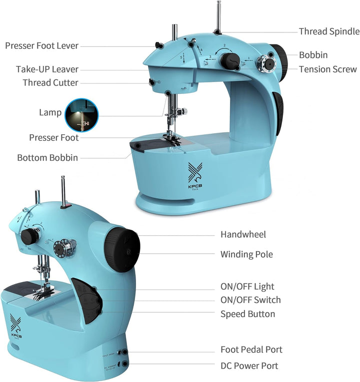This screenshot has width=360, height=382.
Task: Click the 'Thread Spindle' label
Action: [329, 31]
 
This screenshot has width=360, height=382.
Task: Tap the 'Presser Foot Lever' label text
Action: [41, 45]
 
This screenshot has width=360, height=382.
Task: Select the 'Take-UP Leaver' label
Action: [47, 69]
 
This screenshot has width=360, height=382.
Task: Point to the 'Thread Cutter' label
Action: [50, 82]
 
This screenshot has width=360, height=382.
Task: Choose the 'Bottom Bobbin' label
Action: [47, 157]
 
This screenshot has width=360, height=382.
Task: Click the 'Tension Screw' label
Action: [327, 69]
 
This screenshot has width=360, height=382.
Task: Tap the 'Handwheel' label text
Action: [243, 234]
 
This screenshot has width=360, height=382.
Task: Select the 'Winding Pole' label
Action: [246, 254]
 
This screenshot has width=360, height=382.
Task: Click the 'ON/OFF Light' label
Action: [247, 287]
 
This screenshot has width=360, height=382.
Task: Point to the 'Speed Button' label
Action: [247, 314]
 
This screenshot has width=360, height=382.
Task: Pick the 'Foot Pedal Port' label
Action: [251, 350]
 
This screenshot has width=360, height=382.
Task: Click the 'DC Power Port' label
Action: [249, 366]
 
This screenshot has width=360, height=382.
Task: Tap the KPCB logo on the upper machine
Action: [194, 175]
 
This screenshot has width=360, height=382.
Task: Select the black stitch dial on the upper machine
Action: [229, 61]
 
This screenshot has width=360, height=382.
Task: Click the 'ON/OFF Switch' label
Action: [250, 300]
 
